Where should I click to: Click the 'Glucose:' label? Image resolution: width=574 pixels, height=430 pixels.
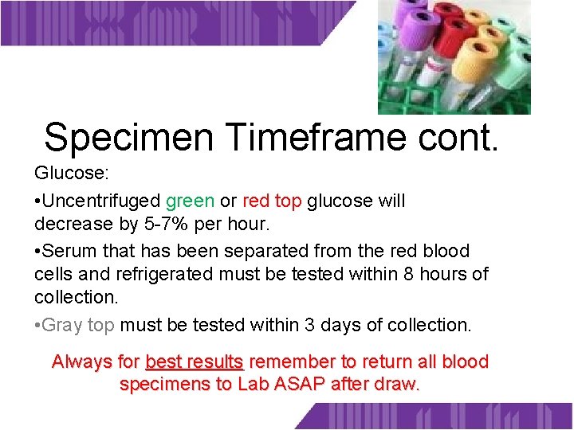[x=65, y=174]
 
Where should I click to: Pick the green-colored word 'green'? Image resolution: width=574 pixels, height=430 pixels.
[x=190, y=201]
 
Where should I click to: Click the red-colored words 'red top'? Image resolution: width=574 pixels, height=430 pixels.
[x=271, y=201]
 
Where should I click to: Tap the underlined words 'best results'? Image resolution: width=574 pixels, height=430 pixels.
[x=195, y=362]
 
